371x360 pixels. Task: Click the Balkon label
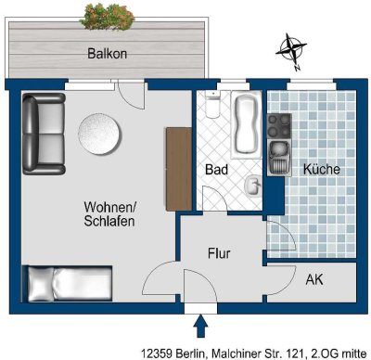point(107,54)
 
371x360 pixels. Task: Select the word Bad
point(215,170)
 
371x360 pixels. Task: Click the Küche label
point(321,170)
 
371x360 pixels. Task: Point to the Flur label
point(219,252)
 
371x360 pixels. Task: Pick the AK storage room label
point(314,279)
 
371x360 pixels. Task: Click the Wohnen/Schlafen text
point(109,214)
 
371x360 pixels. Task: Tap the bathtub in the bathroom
point(247,126)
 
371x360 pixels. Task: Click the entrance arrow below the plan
point(199,326)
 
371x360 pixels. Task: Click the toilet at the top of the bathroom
point(212,109)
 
